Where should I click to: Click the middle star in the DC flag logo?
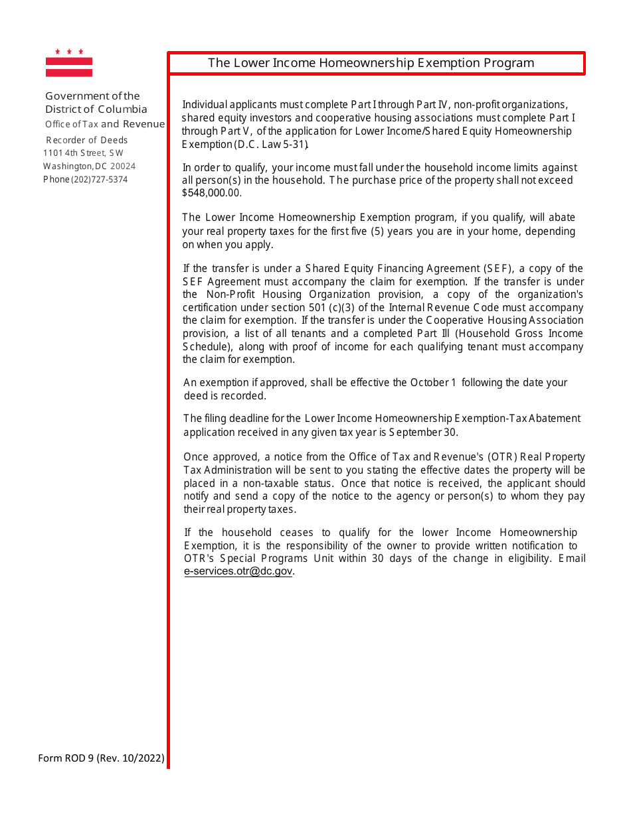click(x=69, y=51)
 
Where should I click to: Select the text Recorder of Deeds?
click(x=86, y=140)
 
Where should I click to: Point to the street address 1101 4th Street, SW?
click(x=83, y=153)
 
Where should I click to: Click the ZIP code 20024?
click(x=123, y=167)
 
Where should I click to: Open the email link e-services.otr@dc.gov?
click(x=238, y=571)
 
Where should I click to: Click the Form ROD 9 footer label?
click(x=66, y=758)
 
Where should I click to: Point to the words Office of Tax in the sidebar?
click(x=72, y=124)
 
